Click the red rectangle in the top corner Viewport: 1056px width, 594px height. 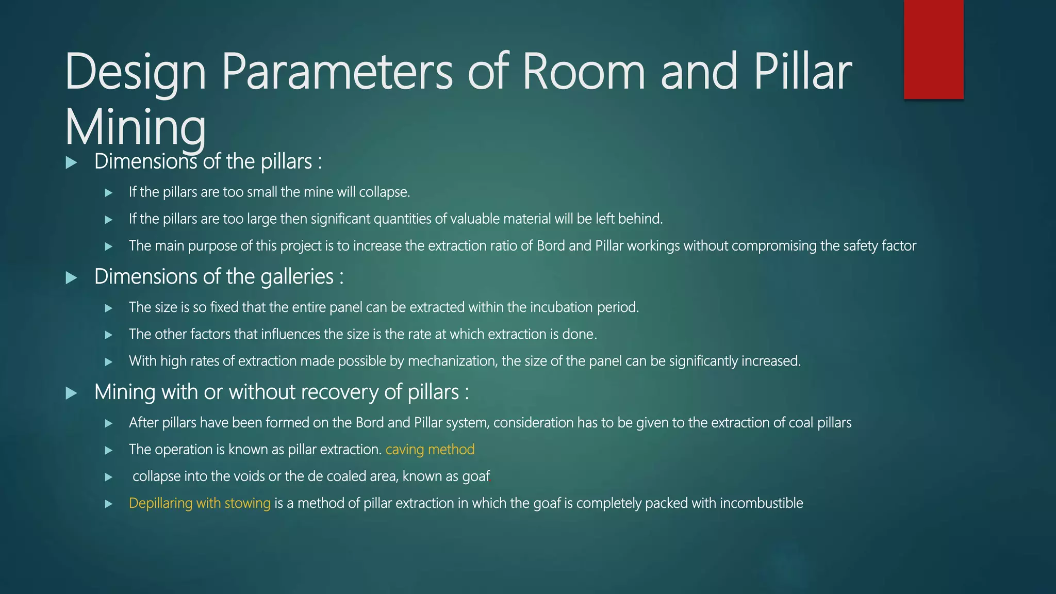[933, 49]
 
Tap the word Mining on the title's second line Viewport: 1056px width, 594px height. [136, 128]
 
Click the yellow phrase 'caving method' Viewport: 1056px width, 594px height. [430, 450]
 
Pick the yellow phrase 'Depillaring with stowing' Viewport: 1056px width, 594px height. [200, 503]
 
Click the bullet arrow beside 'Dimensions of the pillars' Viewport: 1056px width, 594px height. [72, 163]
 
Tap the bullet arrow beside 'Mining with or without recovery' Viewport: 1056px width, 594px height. [72, 393]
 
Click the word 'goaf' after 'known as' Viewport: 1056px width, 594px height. [475, 476]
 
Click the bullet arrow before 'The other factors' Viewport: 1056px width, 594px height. [108, 335]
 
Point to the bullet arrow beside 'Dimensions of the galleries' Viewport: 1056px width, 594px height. [72, 278]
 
